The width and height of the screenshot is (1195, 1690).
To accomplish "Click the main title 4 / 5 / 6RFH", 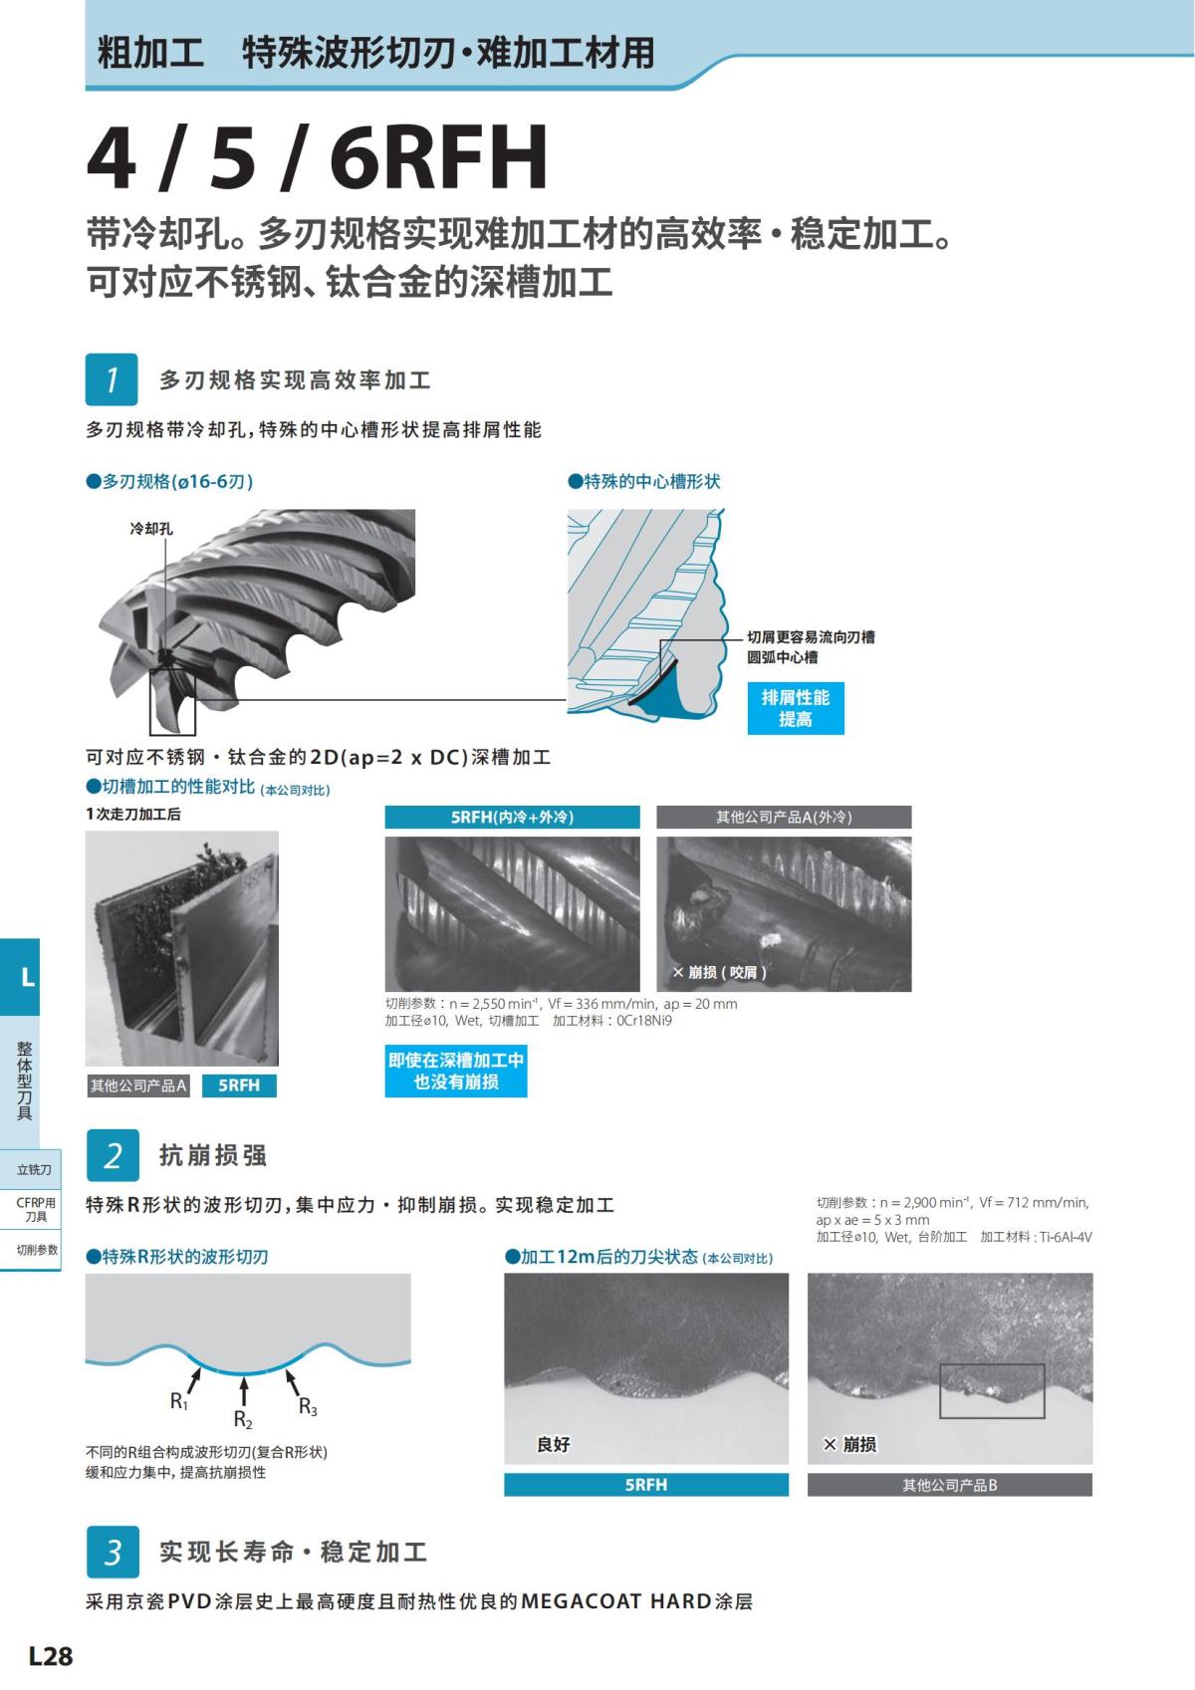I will click(317, 157).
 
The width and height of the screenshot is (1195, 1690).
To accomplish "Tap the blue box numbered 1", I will click(112, 379).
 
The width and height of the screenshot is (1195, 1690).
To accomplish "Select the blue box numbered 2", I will click(113, 1155).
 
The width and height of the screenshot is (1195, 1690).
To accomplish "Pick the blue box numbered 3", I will click(113, 1552).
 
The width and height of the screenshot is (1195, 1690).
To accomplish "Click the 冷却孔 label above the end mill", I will click(151, 529).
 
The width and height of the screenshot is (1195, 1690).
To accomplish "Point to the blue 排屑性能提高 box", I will click(795, 708).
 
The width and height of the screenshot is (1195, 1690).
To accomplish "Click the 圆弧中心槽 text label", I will click(783, 657).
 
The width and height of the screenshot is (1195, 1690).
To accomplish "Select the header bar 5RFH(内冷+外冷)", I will click(512, 817).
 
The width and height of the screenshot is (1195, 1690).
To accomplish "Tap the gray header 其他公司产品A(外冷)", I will click(783, 817).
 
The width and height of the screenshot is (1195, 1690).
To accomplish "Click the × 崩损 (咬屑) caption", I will click(719, 972).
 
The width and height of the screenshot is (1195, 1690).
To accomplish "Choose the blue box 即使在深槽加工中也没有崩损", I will click(455, 1071).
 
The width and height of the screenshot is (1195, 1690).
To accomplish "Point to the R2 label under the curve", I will click(243, 1420).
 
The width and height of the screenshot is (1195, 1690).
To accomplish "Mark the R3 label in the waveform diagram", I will click(308, 1407).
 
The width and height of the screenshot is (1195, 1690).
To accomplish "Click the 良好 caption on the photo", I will click(553, 1444).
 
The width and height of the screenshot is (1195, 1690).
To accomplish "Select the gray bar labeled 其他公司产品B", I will click(949, 1485).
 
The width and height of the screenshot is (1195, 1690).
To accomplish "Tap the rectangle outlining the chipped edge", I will click(992, 1390).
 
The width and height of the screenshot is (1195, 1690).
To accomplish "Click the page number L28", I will click(50, 1655).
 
